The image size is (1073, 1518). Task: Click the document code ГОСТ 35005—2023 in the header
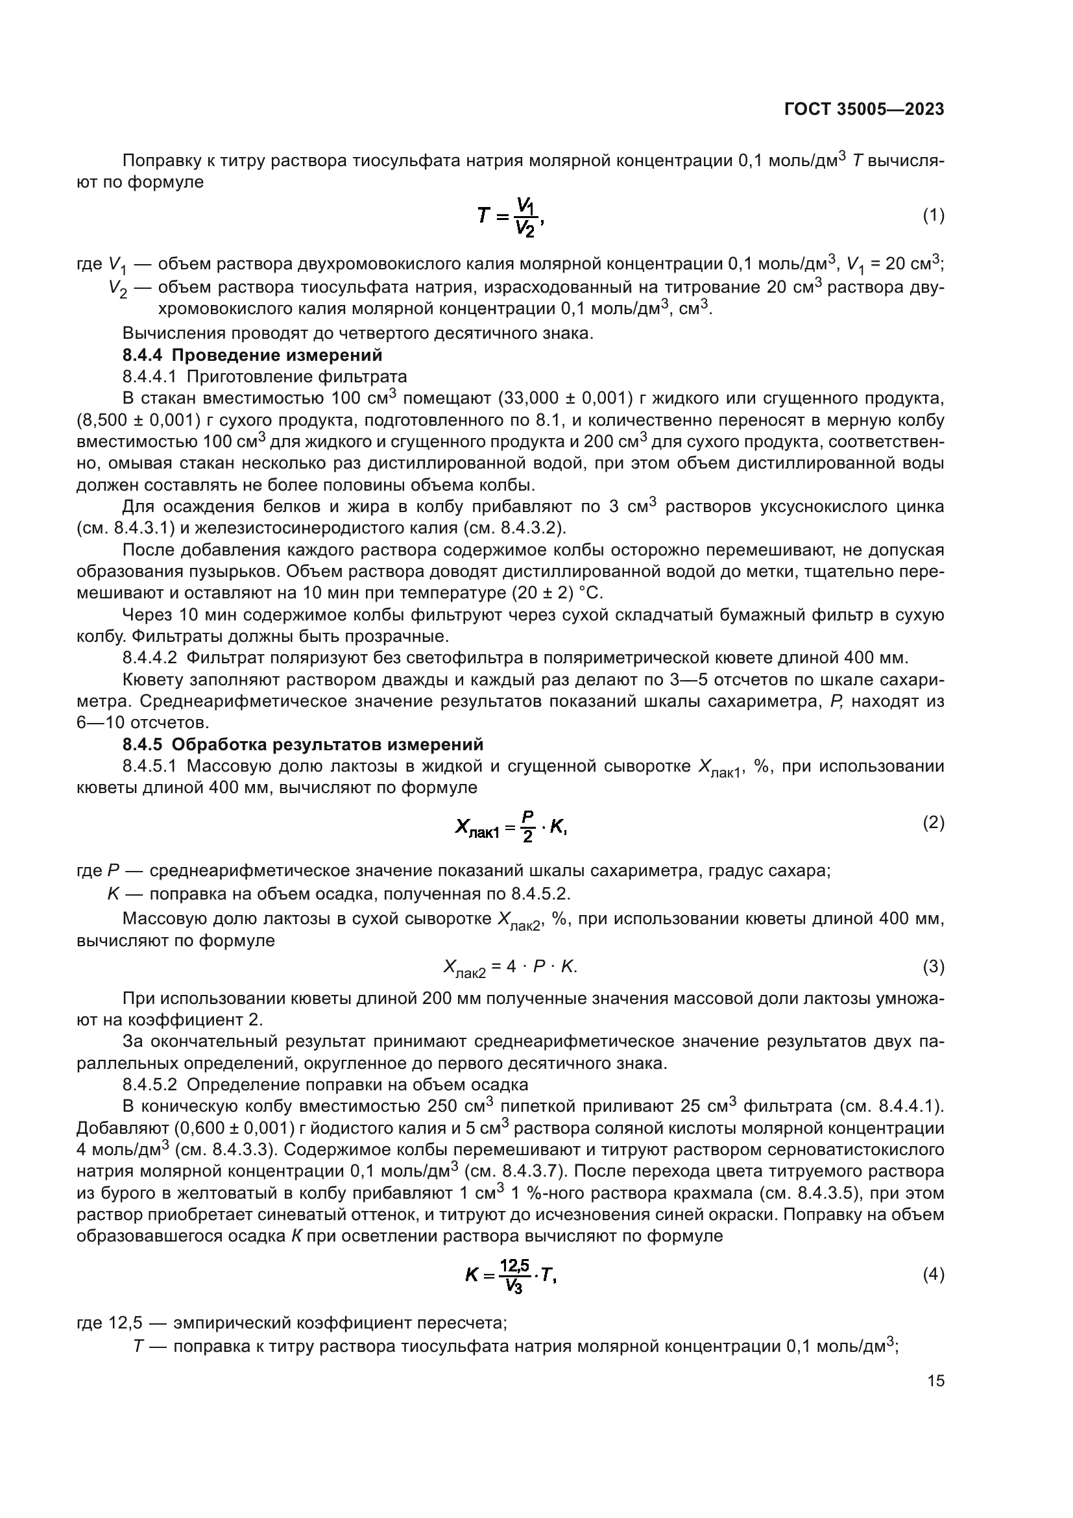(863, 110)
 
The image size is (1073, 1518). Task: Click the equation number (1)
(933, 215)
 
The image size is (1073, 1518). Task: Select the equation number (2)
(933, 822)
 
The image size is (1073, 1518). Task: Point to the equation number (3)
(933, 966)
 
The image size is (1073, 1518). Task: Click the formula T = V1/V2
(510, 217)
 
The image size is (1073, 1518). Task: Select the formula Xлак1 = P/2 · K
(510, 826)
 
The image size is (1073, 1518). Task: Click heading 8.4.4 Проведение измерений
(252, 355)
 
